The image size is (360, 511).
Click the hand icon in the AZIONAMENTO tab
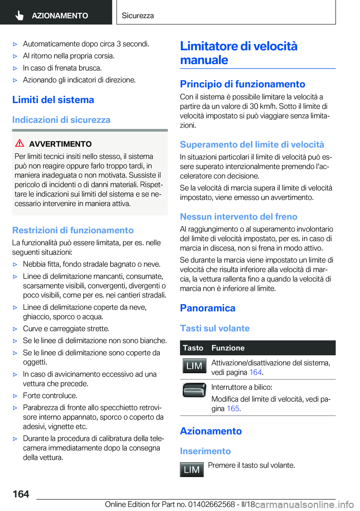click(19, 15)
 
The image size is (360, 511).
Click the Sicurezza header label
click(138, 16)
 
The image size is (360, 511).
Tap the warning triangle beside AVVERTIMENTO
click(19, 143)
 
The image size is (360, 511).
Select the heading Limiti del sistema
click(53, 100)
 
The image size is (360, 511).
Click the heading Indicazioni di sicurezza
click(61, 120)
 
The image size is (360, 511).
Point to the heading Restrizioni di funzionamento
click(73, 230)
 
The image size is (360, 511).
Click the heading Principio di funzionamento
click(242, 84)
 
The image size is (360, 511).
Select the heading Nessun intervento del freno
click(238, 217)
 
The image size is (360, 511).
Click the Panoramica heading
click(207, 308)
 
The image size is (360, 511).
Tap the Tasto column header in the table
click(193, 348)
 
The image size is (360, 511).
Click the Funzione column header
click(228, 348)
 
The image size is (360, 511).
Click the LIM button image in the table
click(194, 366)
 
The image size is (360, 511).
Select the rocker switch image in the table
click(194, 390)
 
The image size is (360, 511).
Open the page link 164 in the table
click(255, 373)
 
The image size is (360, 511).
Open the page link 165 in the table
click(233, 409)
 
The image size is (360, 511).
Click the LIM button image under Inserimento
click(192, 470)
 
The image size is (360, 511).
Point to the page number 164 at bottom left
click(21, 494)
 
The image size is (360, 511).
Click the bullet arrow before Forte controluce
click(15, 396)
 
